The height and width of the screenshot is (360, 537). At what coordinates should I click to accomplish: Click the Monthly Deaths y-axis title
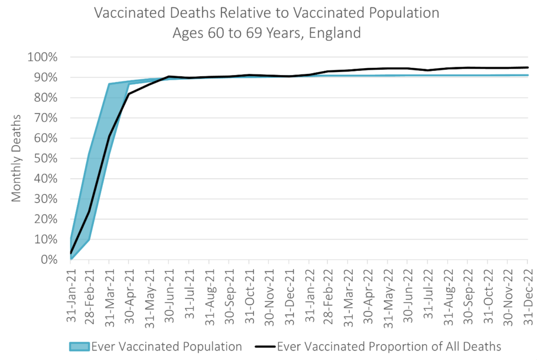click(17, 158)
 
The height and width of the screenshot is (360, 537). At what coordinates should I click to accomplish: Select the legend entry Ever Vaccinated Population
click(166, 346)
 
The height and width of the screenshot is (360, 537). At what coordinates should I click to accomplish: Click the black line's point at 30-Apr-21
click(129, 94)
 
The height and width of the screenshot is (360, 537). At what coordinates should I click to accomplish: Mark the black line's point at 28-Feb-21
click(89, 211)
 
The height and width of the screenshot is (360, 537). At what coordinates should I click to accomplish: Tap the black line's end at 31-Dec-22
click(527, 67)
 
